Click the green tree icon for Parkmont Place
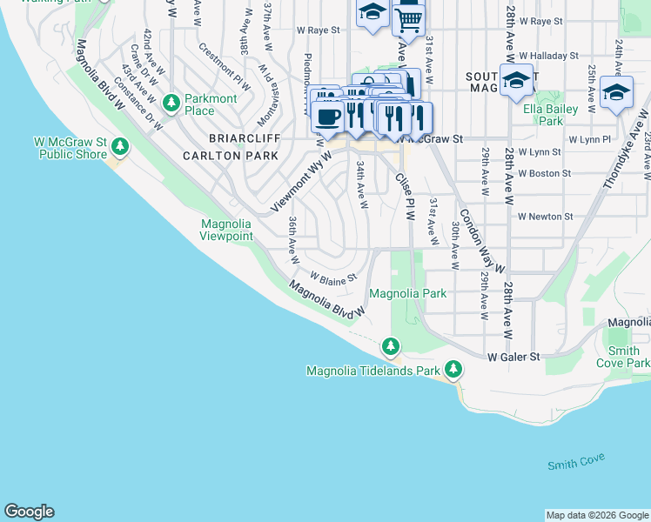click(171, 103)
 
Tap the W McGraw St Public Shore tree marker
click(120, 147)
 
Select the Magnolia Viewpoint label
click(226, 230)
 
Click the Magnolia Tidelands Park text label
click(374, 371)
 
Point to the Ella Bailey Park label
click(544, 116)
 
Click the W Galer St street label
click(513, 357)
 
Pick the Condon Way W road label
click(482, 242)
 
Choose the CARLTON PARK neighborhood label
click(230, 156)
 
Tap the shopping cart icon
click(408, 17)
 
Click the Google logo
click(29, 512)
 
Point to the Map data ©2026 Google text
click(596, 515)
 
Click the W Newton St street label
click(545, 217)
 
